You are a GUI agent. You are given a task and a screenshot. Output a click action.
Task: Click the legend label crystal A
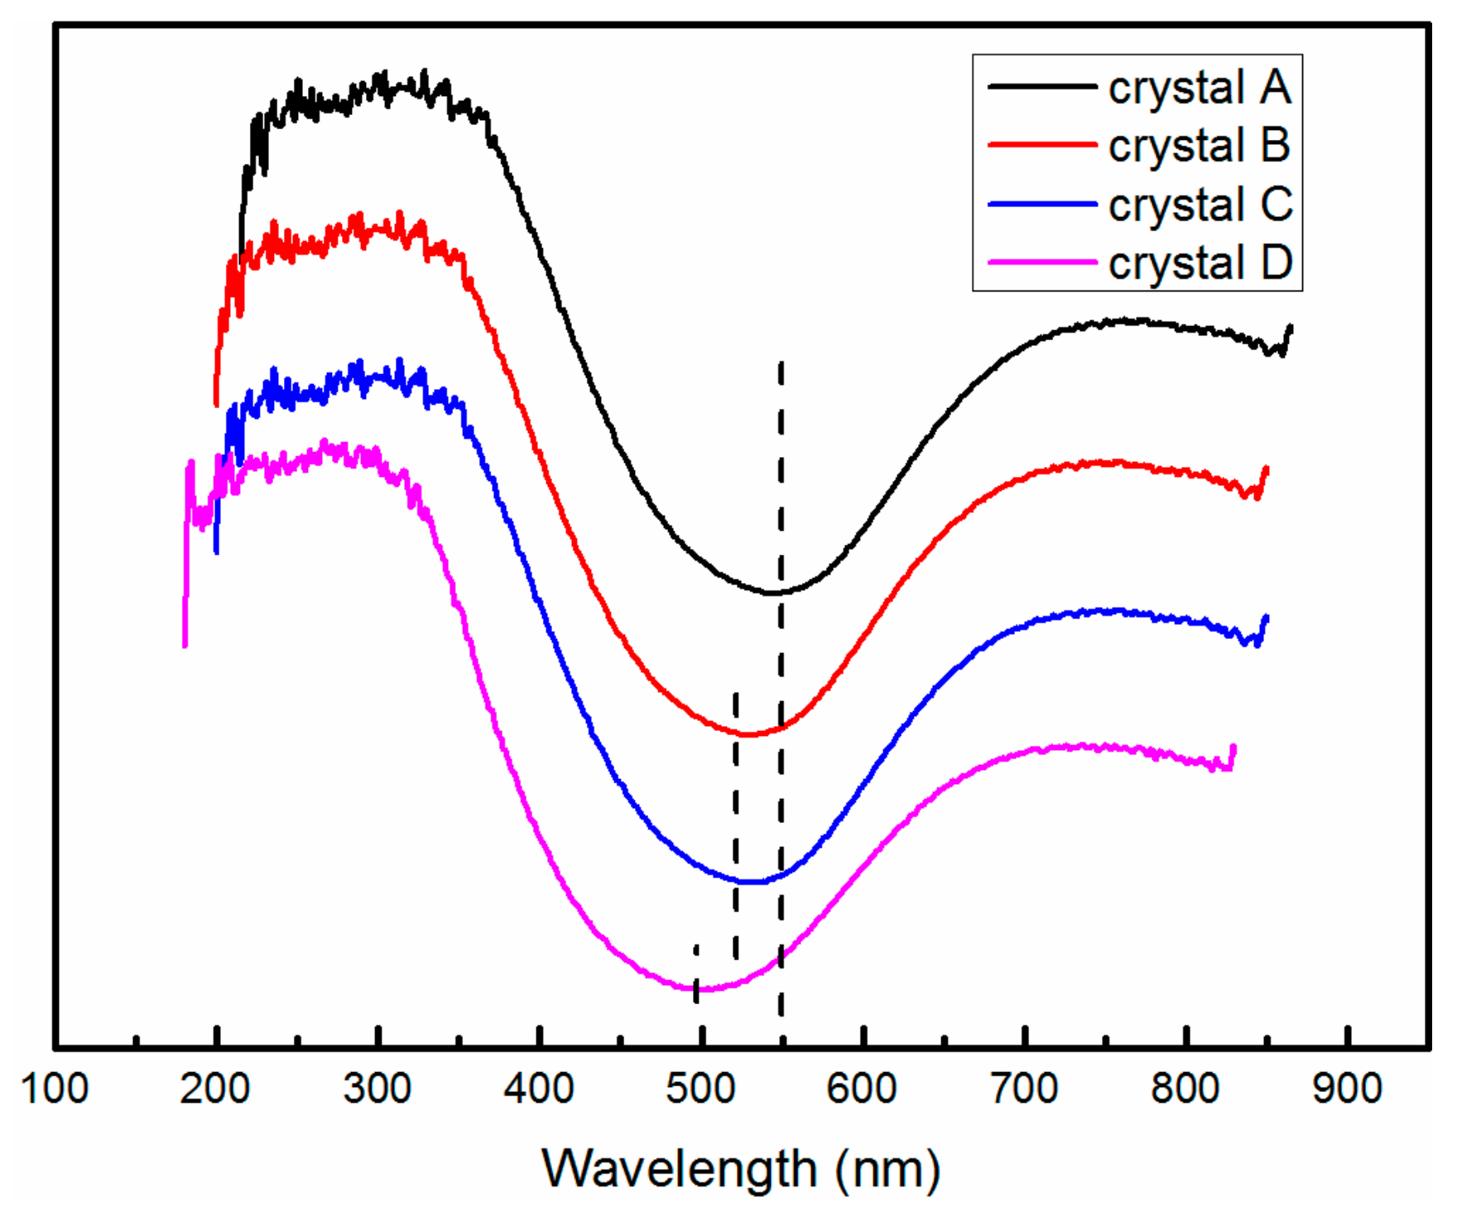(1199, 87)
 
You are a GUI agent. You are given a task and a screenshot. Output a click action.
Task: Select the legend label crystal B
(1199, 145)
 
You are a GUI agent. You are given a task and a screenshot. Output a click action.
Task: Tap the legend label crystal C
(1200, 204)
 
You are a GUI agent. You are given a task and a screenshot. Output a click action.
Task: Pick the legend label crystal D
(1200, 262)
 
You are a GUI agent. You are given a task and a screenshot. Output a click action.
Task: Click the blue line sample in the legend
(1042, 204)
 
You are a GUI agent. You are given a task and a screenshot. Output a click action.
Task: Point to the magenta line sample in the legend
(1042, 262)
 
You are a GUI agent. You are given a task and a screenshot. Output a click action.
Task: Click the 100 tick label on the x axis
(55, 1088)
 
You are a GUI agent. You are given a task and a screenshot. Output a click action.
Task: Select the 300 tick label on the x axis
(377, 1088)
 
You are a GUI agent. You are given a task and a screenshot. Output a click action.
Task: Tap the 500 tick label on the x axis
(700, 1088)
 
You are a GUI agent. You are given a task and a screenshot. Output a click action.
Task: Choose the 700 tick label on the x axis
(1024, 1088)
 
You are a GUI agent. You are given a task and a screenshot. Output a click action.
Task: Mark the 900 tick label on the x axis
(1347, 1088)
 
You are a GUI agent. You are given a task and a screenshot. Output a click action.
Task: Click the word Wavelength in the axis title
(680, 1169)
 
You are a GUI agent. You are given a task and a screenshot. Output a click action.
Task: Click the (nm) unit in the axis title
(888, 1169)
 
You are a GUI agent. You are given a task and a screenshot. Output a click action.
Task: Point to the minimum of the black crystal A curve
(772, 593)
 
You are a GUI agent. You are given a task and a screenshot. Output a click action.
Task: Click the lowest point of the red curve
(748, 734)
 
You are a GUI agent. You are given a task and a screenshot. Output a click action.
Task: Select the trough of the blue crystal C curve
(751, 883)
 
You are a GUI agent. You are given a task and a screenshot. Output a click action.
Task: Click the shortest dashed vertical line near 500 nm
(696, 974)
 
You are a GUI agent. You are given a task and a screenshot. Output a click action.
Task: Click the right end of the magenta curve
(1233, 748)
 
